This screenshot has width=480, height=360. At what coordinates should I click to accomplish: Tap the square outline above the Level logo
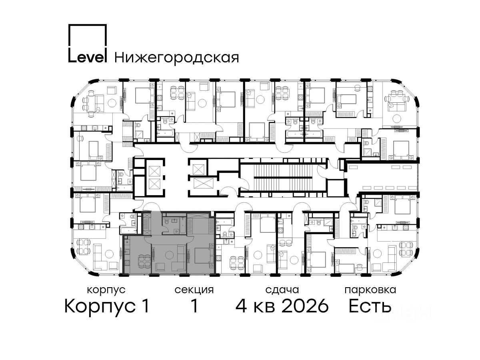pyautogui.click(x=88, y=25)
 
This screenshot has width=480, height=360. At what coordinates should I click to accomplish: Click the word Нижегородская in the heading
pyautogui.click(x=177, y=58)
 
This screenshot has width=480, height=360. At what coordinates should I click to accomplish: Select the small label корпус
pyautogui.click(x=106, y=290)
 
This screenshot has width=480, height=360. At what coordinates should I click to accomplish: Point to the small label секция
pyautogui.click(x=194, y=290)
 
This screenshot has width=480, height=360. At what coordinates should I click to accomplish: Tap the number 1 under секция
pyautogui.click(x=195, y=306)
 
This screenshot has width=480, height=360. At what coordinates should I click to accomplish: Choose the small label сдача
pyautogui.click(x=282, y=290)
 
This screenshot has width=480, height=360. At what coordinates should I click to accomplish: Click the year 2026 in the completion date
pyautogui.click(x=305, y=306)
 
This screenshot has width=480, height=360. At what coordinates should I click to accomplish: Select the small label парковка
pyautogui.click(x=370, y=290)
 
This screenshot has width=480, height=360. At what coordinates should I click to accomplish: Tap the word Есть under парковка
pyautogui.click(x=370, y=306)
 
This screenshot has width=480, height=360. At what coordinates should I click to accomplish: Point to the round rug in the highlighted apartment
pyautogui.click(x=169, y=255)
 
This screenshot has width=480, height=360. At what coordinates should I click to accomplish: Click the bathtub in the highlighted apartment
pyautogui.click(x=183, y=225)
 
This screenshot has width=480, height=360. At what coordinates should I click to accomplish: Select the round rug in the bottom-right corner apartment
pyautogui.click(x=377, y=254)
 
